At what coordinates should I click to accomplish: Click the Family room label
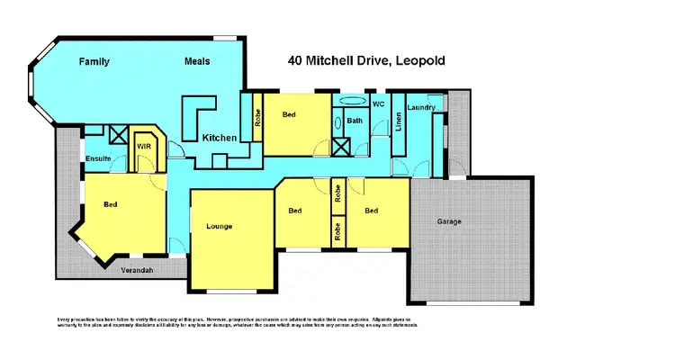tap(94, 61)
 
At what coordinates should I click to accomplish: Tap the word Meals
tap(198, 61)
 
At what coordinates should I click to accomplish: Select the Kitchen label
tap(219, 139)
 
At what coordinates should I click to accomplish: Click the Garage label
tap(450, 220)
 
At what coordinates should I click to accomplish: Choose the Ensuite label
tap(98, 159)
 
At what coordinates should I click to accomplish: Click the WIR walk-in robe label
tap(142, 144)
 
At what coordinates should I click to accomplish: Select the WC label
tap(378, 104)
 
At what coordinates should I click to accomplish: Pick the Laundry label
tap(421, 108)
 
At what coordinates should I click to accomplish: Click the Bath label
tap(355, 120)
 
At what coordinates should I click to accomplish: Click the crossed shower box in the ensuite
tap(118, 136)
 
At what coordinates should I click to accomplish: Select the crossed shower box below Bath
tap(341, 146)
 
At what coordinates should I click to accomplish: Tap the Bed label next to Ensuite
tap(110, 204)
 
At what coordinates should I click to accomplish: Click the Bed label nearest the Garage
tap(370, 211)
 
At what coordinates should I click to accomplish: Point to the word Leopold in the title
tap(419, 61)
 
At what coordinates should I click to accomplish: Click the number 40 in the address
tap(295, 61)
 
